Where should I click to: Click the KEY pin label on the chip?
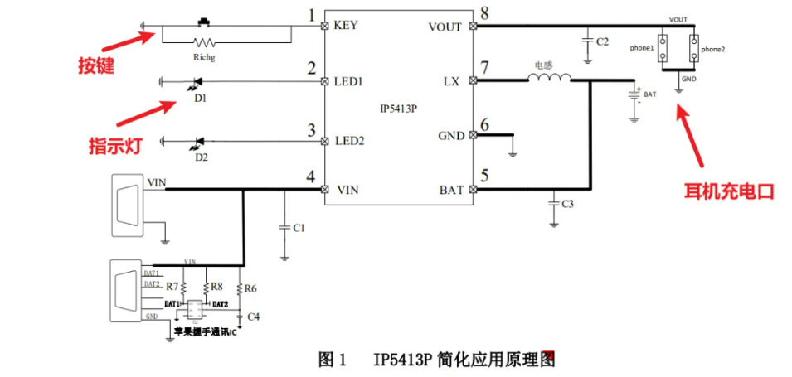point(346,25)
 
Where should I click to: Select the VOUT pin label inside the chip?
point(445,27)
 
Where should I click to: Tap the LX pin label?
point(451,81)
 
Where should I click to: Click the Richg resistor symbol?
point(203,40)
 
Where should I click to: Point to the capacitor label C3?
point(567,204)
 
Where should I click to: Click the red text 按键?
point(96,65)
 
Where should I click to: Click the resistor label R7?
point(172,287)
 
